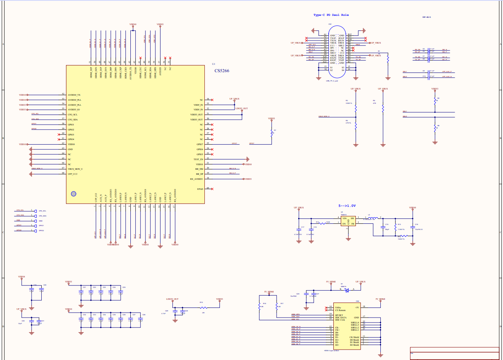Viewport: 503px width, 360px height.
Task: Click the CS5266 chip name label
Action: click(222, 71)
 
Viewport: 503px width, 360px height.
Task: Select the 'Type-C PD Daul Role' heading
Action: click(331, 15)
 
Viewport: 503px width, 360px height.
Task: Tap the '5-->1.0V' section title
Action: click(347, 206)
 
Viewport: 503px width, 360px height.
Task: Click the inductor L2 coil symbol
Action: click(373, 218)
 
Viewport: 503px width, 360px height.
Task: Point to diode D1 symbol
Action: click(346, 290)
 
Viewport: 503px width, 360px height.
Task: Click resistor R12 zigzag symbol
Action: click(321, 223)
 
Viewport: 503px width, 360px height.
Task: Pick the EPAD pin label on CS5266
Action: click(200, 189)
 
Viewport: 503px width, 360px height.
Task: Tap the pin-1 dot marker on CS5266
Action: click(74, 194)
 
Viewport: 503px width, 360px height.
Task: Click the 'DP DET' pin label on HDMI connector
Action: click(339, 315)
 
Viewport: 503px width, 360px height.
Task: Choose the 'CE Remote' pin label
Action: click(340, 310)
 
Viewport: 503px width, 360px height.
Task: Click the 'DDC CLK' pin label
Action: click(340, 320)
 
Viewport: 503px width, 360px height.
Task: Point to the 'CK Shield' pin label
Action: click(354, 337)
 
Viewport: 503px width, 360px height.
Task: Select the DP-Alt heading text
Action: click(426, 17)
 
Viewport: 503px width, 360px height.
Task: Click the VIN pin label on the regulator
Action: click(344, 218)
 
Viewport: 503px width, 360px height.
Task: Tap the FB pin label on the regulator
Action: click(353, 223)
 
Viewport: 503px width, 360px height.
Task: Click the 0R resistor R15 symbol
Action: click(203, 308)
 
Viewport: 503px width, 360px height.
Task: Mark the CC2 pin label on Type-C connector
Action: click(342, 53)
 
